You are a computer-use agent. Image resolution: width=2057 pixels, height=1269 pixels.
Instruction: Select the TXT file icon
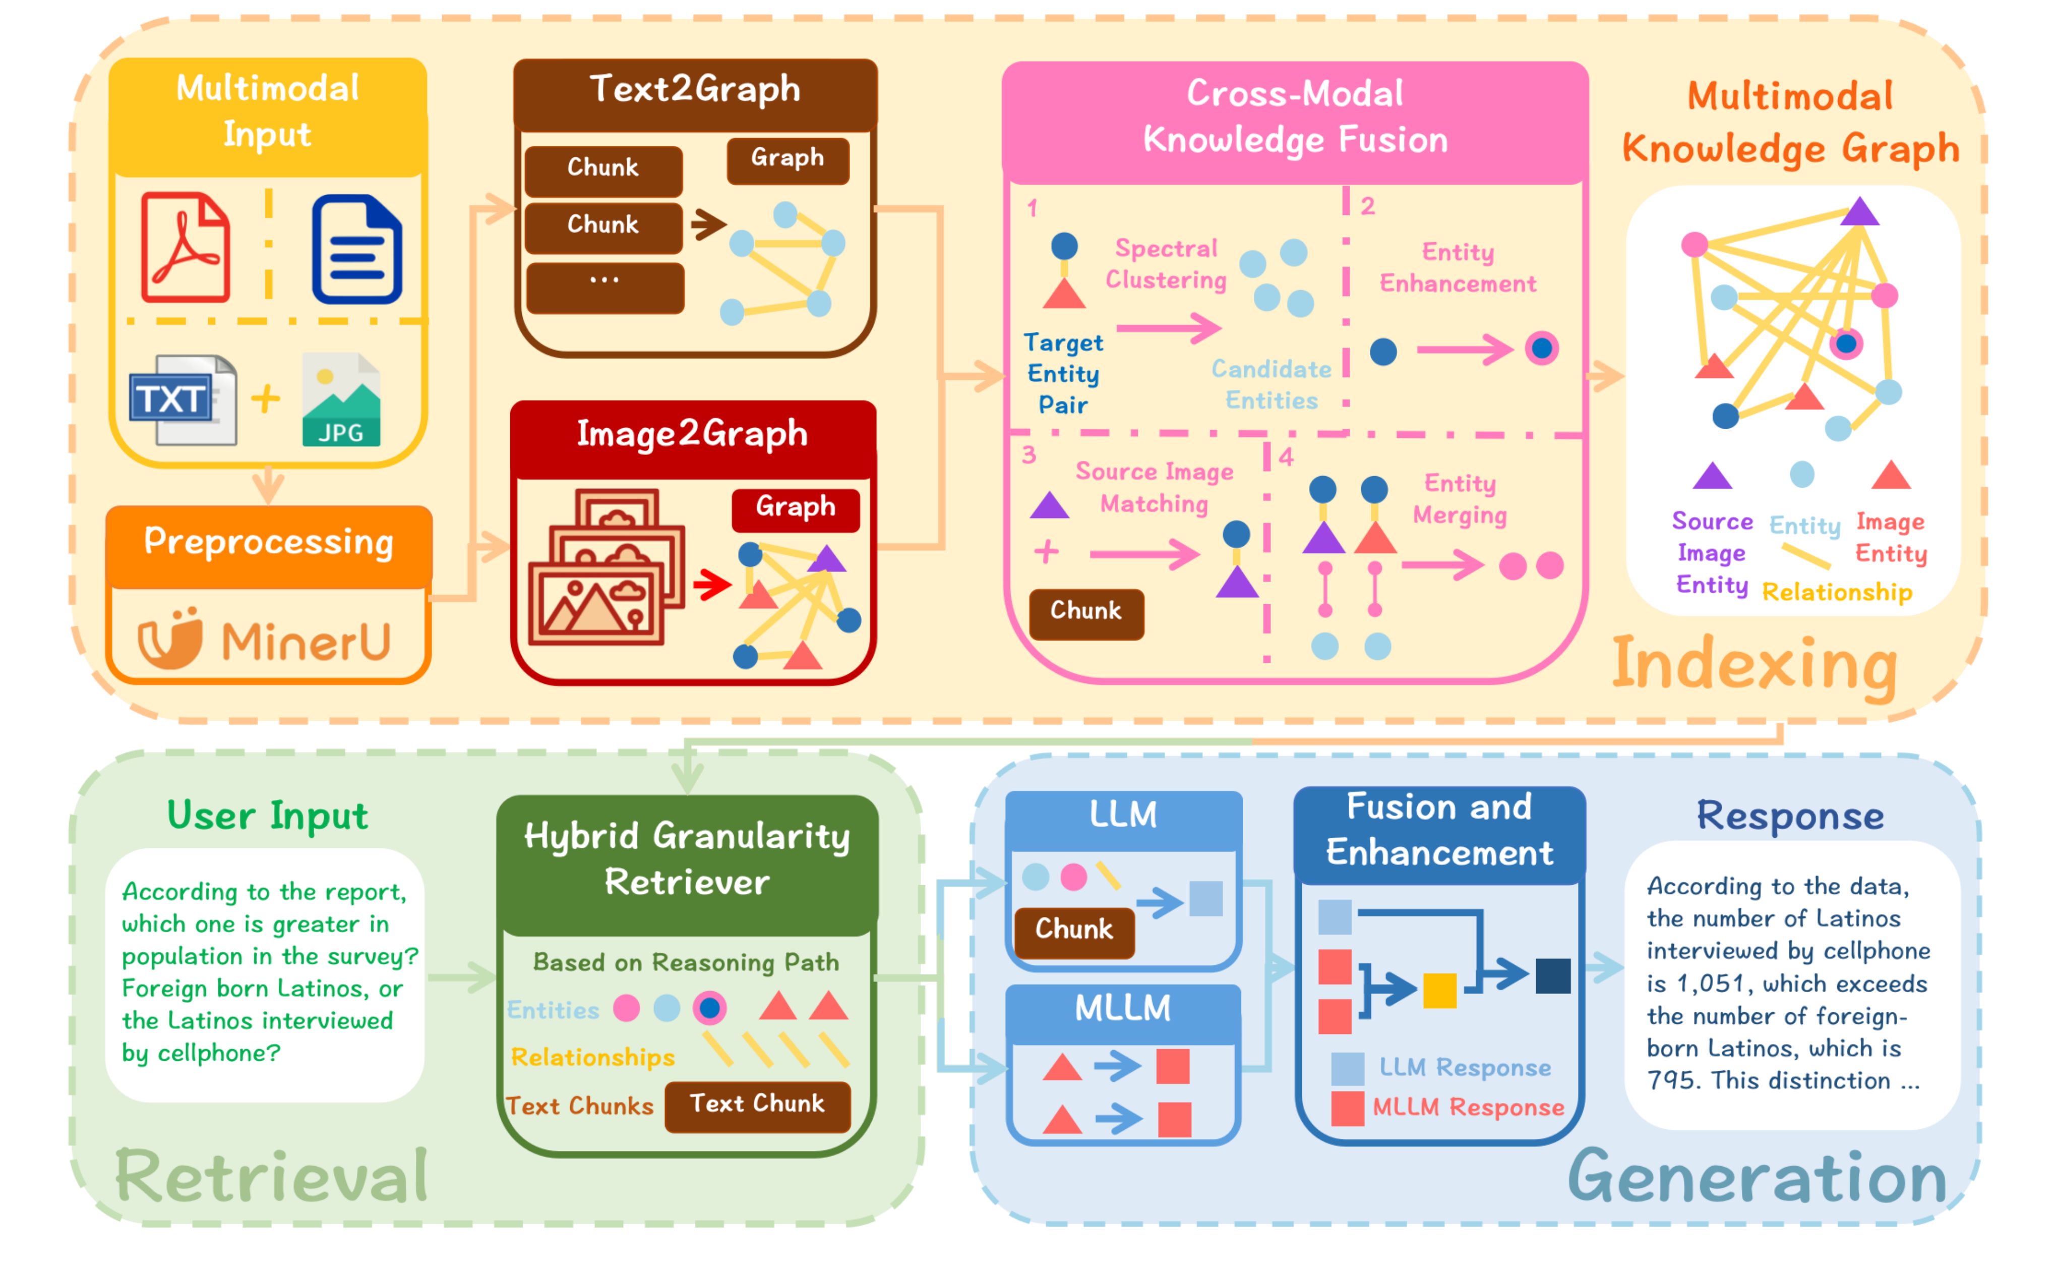tap(183, 400)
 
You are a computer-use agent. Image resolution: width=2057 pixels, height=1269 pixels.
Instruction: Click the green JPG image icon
tap(341, 400)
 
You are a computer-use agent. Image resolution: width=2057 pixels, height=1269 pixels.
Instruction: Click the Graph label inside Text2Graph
tap(787, 158)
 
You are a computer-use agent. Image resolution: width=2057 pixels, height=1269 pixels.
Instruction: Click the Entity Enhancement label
tap(1457, 268)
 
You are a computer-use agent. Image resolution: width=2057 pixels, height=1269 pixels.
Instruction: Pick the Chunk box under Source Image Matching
tap(1085, 612)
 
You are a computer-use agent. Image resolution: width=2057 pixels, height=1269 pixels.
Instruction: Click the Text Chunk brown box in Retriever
tap(757, 1105)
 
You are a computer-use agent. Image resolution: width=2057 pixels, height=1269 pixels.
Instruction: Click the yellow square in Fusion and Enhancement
tap(1439, 991)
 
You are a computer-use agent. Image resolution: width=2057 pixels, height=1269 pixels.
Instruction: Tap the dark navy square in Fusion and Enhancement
tap(1553, 976)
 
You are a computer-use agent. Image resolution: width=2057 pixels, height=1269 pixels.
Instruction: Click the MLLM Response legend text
tap(1468, 1108)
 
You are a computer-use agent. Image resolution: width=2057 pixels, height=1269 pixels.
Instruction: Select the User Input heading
tap(267, 816)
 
